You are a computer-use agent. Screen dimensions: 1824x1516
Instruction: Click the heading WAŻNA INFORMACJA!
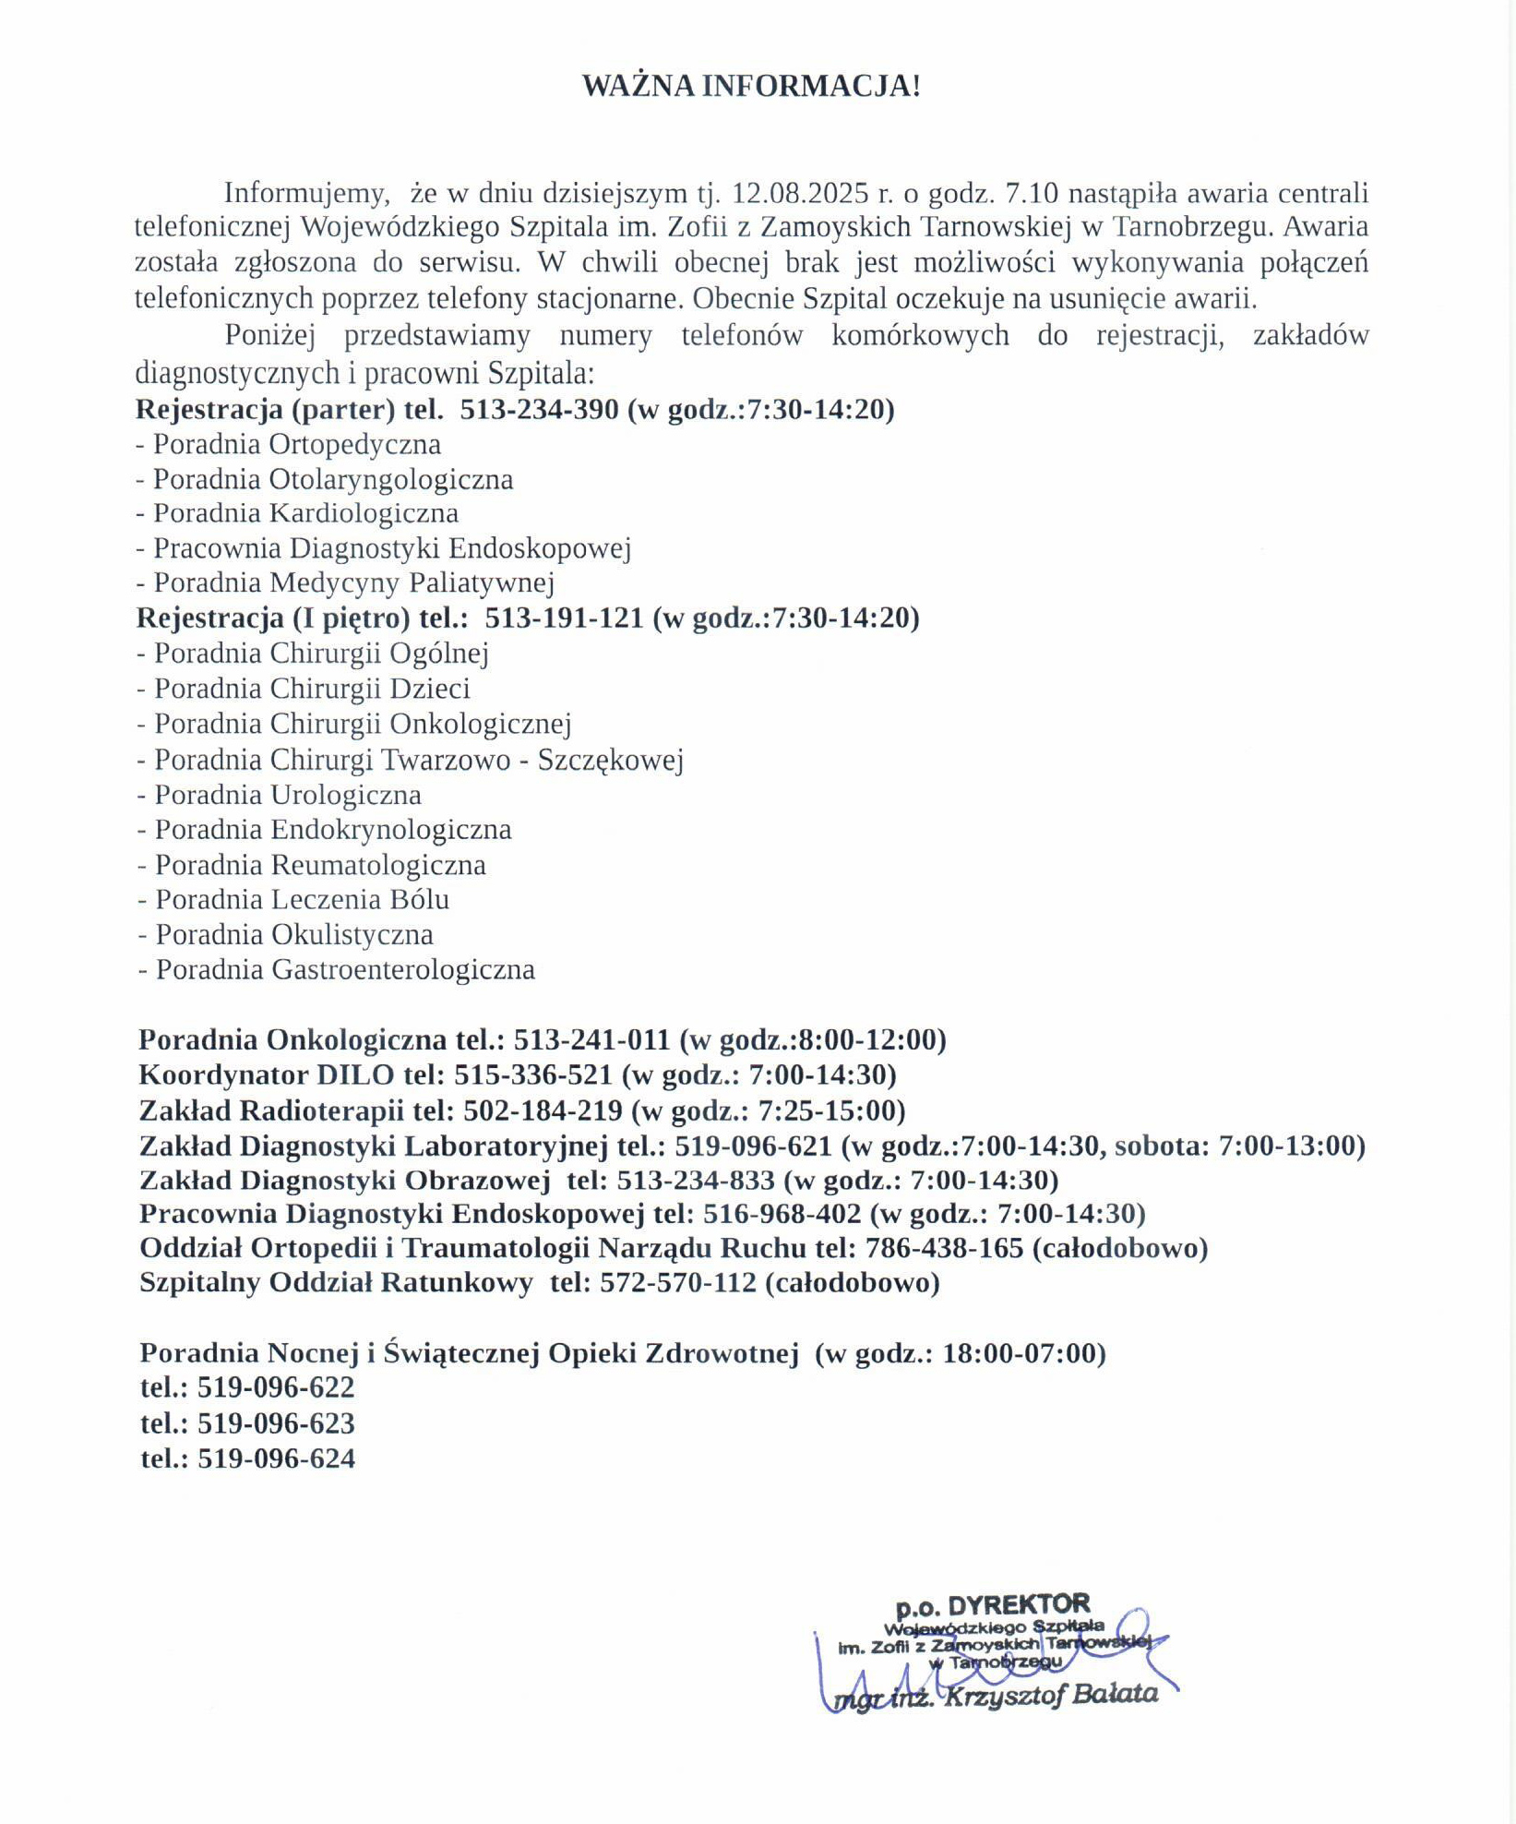pyautogui.click(x=751, y=86)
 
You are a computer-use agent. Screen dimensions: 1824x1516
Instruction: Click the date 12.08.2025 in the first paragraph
pyautogui.click(x=800, y=193)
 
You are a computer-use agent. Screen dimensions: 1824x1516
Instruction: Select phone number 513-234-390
pyautogui.click(x=539, y=409)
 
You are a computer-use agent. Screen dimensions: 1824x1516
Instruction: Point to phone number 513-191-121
pyautogui.click(x=564, y=618)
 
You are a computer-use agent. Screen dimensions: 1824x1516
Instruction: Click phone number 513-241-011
pyautogui.click(x=591, y=1040)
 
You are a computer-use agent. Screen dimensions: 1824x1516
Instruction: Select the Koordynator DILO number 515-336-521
pyautogui.click(x=533, y=1075)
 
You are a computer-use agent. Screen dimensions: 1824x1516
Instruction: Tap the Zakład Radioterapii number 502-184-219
pyautogui.click(x=543, y=1110)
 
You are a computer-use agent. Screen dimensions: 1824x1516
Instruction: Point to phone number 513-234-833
pyautogui.click(x=696, y=1181)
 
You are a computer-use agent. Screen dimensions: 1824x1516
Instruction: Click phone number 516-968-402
pyautogui.click(x=782, y=1214)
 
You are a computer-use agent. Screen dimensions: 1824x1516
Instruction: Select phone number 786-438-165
pyautogui.click(x=944, y=1249)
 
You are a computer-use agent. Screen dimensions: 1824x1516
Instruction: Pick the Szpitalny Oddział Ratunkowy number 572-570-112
pyautogui.click(x=678, y=1283)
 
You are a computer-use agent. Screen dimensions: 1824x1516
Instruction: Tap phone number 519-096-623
pyautogui.click(x=276, y=1423)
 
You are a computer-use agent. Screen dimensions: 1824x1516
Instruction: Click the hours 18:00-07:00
pyautogui.click(x=1023, y=1353)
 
